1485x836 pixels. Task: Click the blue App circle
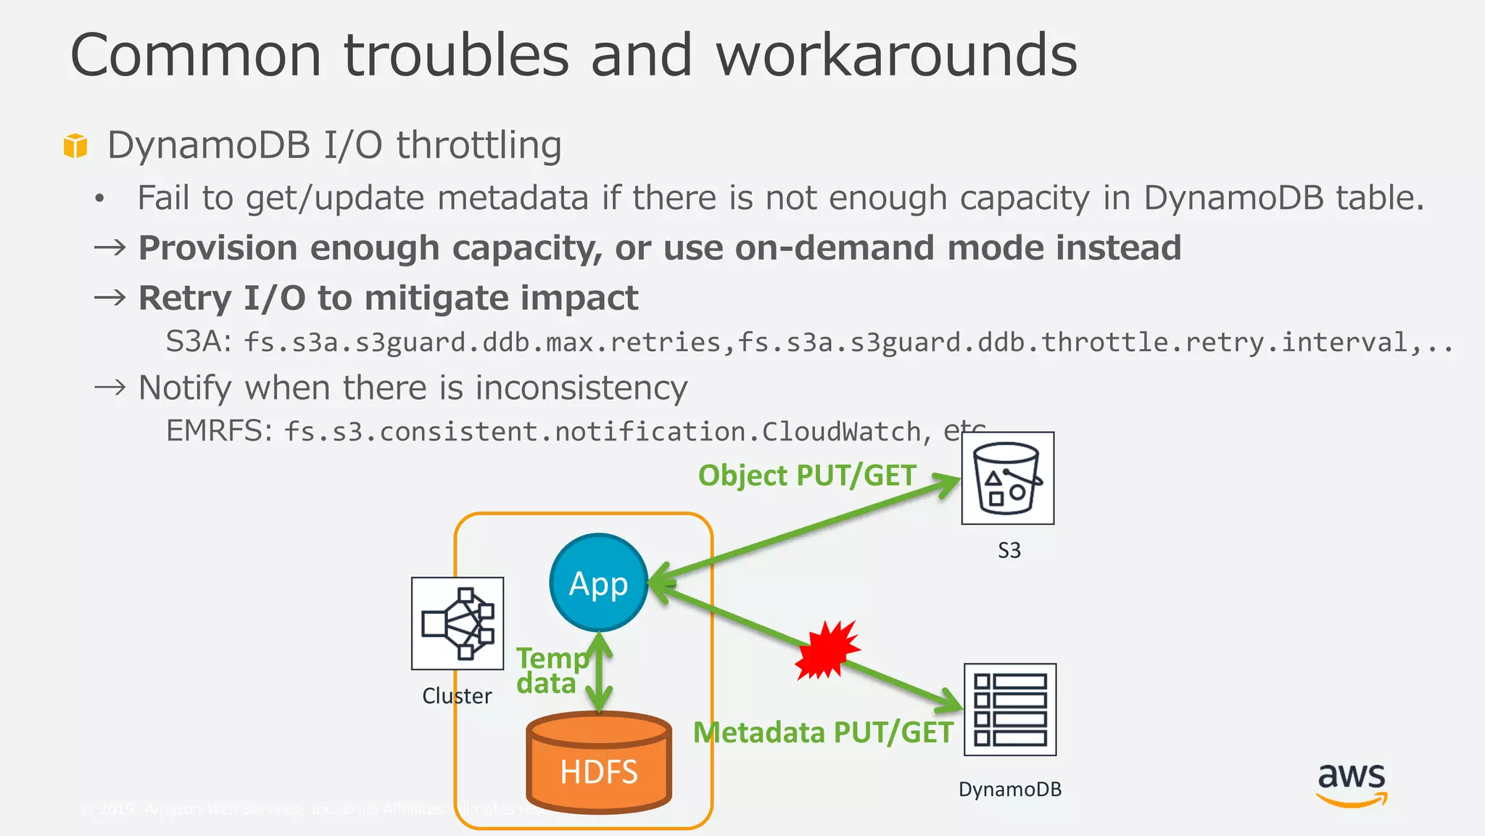(x=598, y=583)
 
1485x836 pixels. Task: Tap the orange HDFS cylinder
(x=598, y=762)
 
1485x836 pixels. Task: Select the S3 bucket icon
(x=1007, y=478)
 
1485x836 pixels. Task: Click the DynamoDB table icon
(x=1009, y=710)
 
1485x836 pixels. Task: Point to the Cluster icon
(x=457, y=623)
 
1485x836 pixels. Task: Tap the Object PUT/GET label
(x=807, y=476)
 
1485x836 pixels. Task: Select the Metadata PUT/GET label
(x=823, y=732)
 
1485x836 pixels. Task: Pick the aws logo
(x=1352, y=784)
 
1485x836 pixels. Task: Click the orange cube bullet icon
(x=75, y=145)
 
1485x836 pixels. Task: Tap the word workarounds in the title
(x=896, y=55)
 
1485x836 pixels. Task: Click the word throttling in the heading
(x=479, y=145)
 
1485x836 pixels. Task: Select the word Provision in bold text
(x=217, y=248)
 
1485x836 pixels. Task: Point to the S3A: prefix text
(x=198, y=341)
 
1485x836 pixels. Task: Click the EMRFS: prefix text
(x=219, y=431)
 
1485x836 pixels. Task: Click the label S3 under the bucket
(x=1009, y=550)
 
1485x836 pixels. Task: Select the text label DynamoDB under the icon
(x=1009, y=790)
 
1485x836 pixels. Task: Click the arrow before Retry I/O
(x=110, y=298)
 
